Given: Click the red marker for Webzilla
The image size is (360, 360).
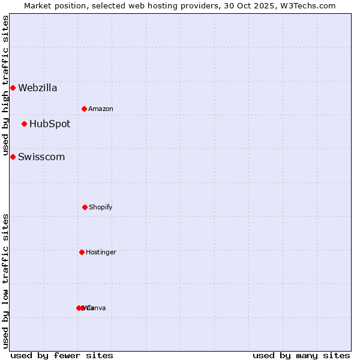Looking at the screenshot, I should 13,88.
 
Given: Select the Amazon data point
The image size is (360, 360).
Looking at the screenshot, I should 84,109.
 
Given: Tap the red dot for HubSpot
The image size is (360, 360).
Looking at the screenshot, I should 24,124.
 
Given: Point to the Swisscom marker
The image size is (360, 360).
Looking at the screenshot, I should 13,157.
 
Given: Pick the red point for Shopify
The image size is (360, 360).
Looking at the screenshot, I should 85,207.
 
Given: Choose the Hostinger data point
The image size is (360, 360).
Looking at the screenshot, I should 82,252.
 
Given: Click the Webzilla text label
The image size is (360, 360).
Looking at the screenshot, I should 38,88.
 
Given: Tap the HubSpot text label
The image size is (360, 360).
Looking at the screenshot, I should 50,124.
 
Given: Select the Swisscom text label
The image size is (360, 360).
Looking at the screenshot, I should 41,157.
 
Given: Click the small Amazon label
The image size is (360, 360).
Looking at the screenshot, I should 101,109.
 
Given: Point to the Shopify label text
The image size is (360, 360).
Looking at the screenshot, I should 101,208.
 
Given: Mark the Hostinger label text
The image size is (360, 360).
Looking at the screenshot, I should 101,253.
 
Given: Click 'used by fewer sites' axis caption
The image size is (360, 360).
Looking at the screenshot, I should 62,355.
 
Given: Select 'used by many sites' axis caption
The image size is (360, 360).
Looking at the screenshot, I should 301,355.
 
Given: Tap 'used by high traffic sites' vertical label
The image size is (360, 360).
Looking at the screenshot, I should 5,86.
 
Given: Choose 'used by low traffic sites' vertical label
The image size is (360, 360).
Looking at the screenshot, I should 5,281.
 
